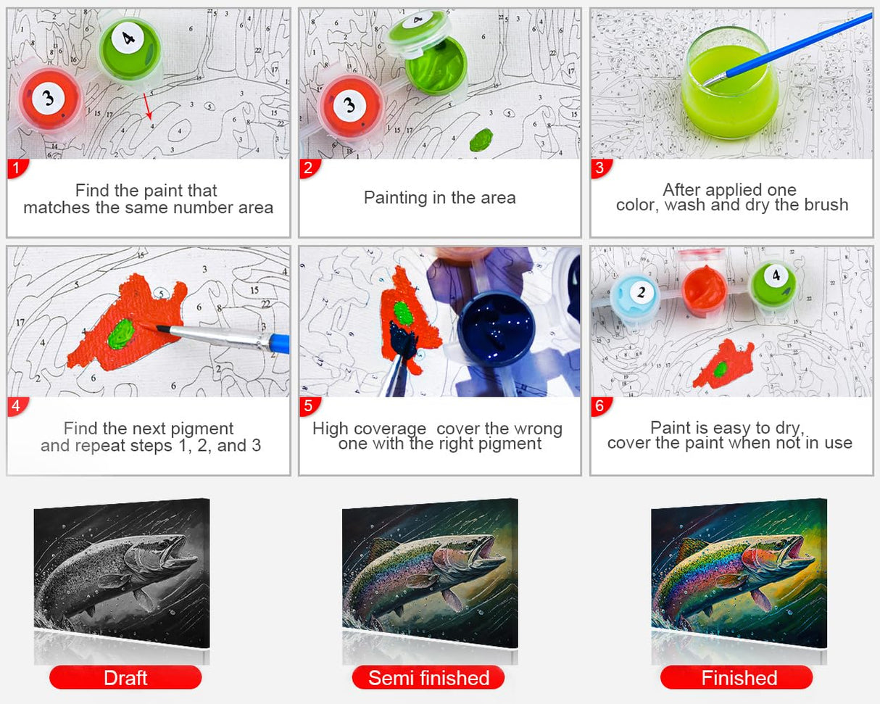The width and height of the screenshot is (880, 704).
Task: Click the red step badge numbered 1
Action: pyautogui.click(x=17, y=167)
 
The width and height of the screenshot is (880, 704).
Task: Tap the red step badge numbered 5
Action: pyautogui.click(x=309, y=406)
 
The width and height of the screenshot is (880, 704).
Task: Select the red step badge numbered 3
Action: pyautogui.click(x=601, y=167)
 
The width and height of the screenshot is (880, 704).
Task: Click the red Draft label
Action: pyautogui.click(x=125, y=678)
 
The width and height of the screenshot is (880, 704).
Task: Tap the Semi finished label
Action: pyautogui.click(x=428, y=678)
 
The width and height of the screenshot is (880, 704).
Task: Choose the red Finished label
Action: pyautogui.click(x=737, y=678)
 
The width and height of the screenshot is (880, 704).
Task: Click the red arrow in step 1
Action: pyautogui.click(x=148, y=107)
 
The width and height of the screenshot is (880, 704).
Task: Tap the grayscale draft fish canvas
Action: pyautogui.click(x=122, y=573)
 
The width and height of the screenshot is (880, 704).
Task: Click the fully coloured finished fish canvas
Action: pyautogui.click(x=739, y=573)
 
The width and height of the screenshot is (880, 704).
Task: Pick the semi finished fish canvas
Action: pyautogui.click(x=430, y=573)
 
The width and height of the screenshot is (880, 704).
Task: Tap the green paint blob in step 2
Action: pyautogui.click(x=481, y=139)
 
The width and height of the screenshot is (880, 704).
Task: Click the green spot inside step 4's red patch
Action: pyautogui.click(x=122, y=334)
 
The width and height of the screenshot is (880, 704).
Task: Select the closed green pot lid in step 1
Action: pyautogui.click(x=129, y=49)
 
